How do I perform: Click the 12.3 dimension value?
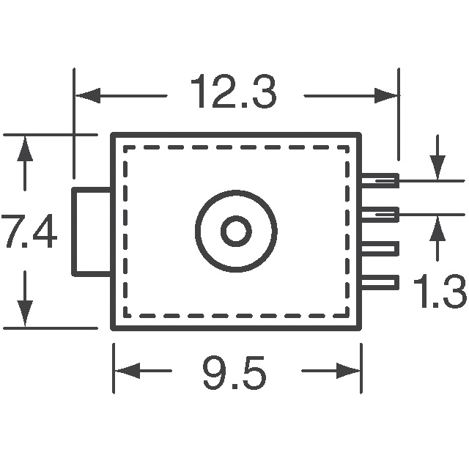coord(234,91)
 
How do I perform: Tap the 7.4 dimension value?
coord(29,231)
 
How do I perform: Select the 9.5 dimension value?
coord(234,372)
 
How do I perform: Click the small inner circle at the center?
coord(236,231)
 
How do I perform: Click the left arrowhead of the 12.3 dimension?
coord(87,96)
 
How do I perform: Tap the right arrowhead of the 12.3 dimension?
coord(386,96)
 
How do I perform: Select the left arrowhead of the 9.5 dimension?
coord(127,371)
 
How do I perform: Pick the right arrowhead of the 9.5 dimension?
coord(348,371)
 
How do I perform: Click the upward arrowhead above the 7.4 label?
coord(25,149)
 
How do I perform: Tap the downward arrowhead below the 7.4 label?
coord(25,314)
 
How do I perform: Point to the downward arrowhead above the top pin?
coord(437,168)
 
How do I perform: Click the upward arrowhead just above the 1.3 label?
coord(437,228)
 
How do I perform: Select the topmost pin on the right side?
coord(380,181)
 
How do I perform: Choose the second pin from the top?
coord(380,215)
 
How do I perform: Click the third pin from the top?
coord(380,248)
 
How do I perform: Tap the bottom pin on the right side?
coord(380,282)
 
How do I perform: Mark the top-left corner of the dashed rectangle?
coord(125,147)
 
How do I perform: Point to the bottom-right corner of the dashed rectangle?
coord(347,316)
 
